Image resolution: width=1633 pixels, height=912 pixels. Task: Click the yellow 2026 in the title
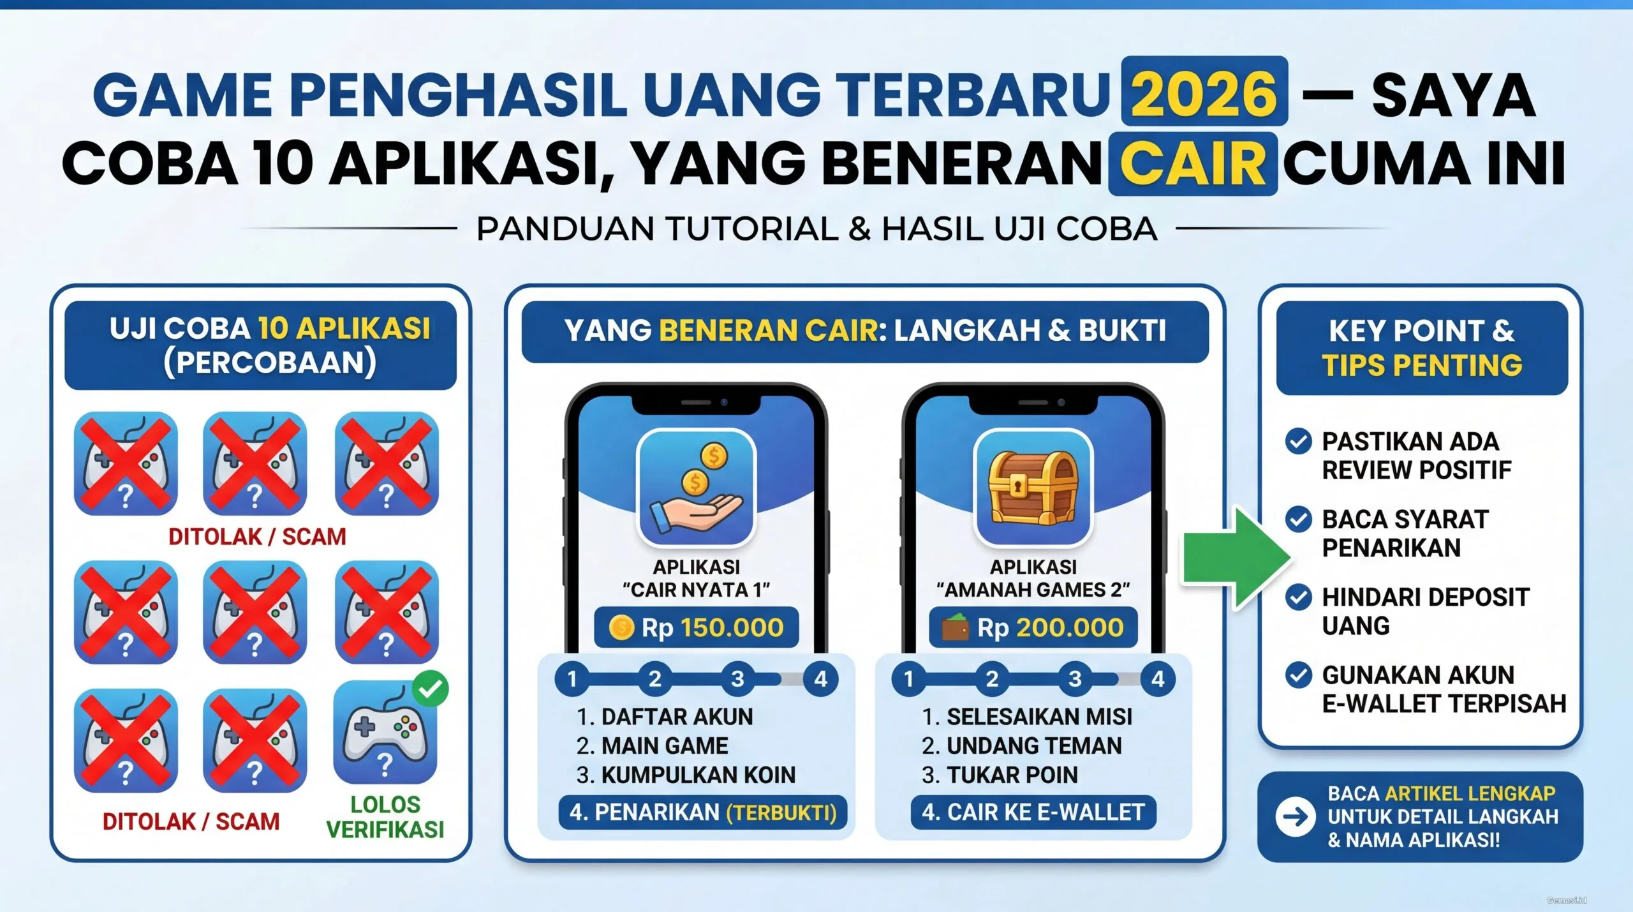[x=1204, y=93]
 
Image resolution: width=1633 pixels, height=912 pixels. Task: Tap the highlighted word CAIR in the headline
[x=1193, y=163]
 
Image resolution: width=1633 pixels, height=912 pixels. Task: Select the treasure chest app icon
[x=1033, y=488]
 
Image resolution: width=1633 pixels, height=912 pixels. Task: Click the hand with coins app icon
[x=697, y=488]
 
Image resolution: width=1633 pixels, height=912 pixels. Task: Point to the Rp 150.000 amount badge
[x=697, y=627]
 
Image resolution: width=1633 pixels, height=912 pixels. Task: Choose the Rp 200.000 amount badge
[x=1033, y=627]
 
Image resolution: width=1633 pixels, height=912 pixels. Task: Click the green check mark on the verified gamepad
[x=431, y=689]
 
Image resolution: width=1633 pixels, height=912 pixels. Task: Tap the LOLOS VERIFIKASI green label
[x=385, y=817]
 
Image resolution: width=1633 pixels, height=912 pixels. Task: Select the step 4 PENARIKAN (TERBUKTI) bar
[x=702, y=812]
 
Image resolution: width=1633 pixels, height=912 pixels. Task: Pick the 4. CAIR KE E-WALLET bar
[x=1033, y=812]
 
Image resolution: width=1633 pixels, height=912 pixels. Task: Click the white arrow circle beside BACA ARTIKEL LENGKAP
[x=1295, y=817]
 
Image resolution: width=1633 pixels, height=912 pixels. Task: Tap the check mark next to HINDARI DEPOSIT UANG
[x=1298, y=597]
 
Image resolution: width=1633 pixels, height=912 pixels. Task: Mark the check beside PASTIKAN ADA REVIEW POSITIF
[x=1298, y=441]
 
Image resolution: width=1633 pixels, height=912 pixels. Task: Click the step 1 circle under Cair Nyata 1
[x=572, y=678]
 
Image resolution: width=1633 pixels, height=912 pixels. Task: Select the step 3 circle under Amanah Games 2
[x=1075, y=678]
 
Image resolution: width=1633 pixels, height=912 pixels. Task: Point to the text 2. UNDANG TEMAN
[x=1021, y=745]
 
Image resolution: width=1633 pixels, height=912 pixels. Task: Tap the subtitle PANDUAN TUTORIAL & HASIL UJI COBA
[x=816, y=229]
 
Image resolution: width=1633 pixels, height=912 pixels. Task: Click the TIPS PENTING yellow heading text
[x=1422, y=366]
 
